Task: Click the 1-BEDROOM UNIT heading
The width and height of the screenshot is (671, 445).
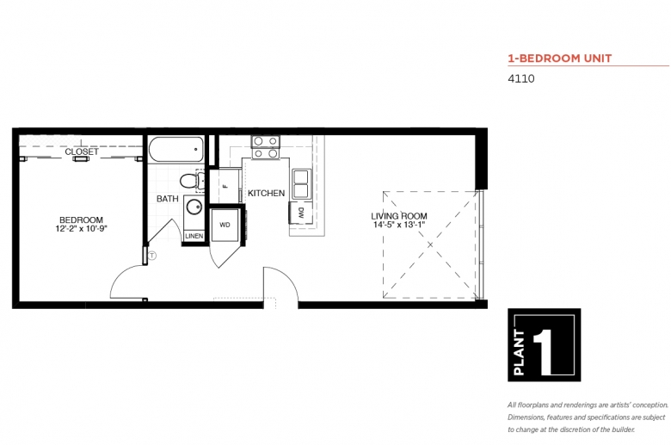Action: click(x=560, y=59)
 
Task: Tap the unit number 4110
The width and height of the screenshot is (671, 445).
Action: click(x=520, y=78)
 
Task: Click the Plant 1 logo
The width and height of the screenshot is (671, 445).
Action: click(x=544, y=345)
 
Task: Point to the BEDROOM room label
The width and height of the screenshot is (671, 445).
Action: click(x=81, y=219)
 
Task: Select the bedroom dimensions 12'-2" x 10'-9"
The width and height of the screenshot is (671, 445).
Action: click(x=81, y=228)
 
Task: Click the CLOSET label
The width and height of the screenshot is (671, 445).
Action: click(x=82, y=151)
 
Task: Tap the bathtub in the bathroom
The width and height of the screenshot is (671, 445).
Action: click(x=176, y=149)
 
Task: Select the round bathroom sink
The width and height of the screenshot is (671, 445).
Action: click(x=194, y=207)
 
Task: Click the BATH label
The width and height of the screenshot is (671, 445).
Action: click(x=168, y=199)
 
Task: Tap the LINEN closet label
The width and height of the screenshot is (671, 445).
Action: click(x=194, y=236)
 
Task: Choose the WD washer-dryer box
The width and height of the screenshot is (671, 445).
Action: click(x=225, y=225)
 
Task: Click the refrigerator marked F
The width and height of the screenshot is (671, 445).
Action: click(x=225, y=186)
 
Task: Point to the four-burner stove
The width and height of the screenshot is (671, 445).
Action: click(x=266, y=147)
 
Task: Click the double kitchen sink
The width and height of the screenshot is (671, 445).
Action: click(x=301, y=183)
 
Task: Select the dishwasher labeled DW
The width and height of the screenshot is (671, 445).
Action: click(x=300, y=212)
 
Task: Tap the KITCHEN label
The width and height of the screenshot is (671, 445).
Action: click(x=266, y=193)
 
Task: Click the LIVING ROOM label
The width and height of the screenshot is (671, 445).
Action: click(x=399, y=216)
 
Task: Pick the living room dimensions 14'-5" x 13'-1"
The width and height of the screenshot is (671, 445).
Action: click(x=399, y=225)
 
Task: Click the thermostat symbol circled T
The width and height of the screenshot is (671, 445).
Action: click(x=152, y=256)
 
